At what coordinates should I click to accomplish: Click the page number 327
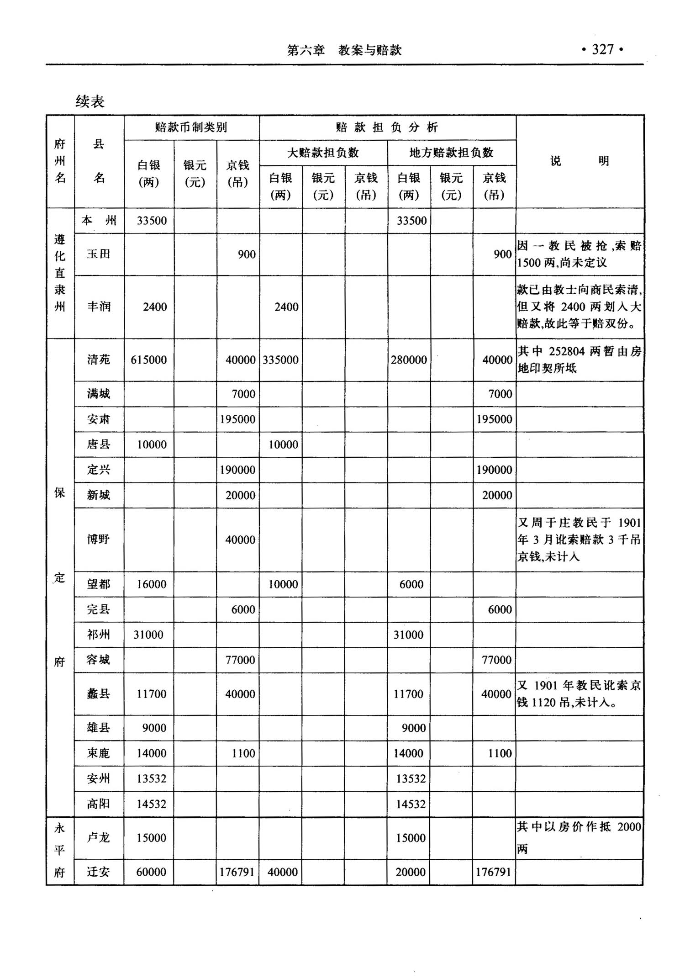pos(602,49)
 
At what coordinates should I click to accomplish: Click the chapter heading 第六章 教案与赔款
pos(344,50)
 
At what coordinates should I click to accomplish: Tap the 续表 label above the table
pos(90,101)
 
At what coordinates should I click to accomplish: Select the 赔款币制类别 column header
pos(191,127)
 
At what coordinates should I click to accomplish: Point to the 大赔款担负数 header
pos(323,153)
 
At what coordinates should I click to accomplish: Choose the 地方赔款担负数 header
pos(451,153)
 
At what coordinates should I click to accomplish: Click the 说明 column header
pos(579,161)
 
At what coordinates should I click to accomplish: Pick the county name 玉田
pos(99,254)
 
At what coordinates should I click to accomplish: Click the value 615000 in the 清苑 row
pos(148,360)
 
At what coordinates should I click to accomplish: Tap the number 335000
pos(280,360)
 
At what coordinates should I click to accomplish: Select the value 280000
pos(409,360)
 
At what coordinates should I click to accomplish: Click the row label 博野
pos(99,540)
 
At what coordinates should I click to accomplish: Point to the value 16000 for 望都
pos(152,584)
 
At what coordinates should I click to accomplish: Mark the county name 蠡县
pos(99,694)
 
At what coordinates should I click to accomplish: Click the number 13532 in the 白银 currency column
pos(152,778)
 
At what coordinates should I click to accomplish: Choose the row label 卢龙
pos(99,837)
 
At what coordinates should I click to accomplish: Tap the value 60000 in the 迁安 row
pos(151,872)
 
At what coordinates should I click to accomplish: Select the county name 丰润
pos(99,307)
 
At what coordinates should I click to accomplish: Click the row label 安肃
pos(99,419)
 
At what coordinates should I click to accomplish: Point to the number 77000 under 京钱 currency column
pos(240,660)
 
